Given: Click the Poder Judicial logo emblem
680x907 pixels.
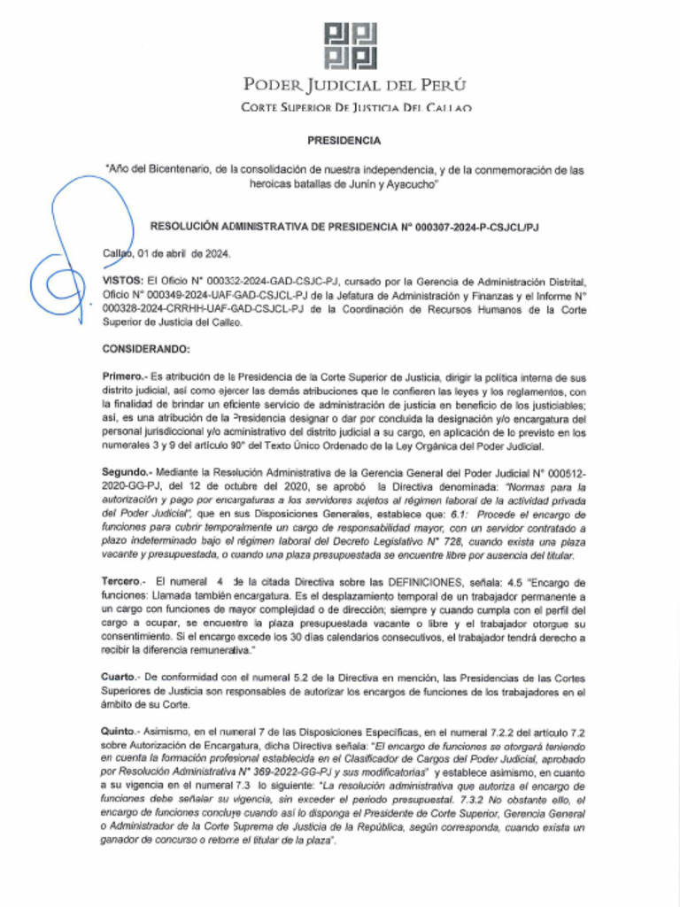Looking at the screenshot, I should pyautogui.click(x=352, y=45).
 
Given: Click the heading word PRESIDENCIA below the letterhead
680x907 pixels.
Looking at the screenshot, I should pyautogui.click(x=344, y=140).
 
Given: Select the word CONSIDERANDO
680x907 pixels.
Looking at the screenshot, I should pyautogui.click(x=146, y=350).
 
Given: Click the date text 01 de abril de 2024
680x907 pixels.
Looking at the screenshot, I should pyautogui.click(x=185, y=254).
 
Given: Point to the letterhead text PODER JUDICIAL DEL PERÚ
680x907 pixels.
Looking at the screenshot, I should pyautogui.click(x=354, y=86).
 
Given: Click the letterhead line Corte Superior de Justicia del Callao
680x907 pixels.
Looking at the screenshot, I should pyautogui.click(x=355, y=107).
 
